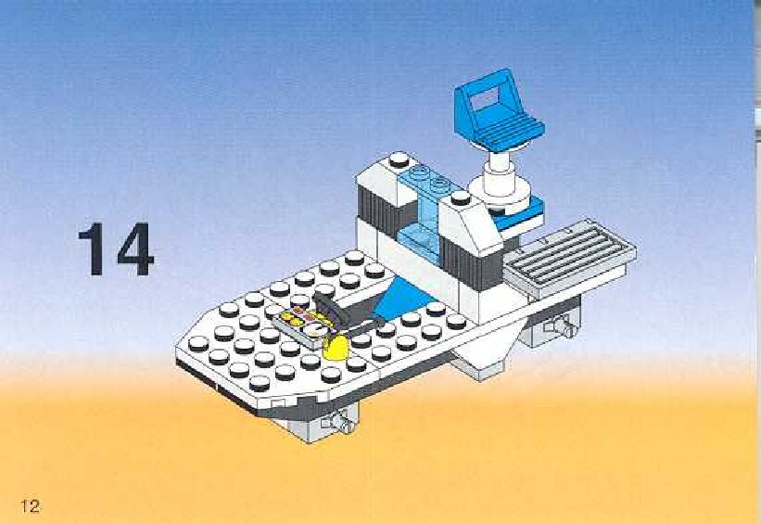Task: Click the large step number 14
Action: point(116,248)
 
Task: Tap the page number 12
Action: point(28,505)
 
